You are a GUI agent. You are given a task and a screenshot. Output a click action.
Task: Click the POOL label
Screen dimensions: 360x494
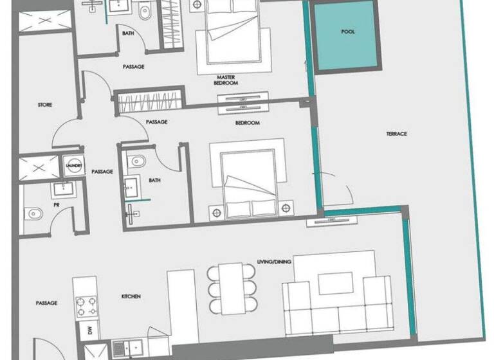(348, 32)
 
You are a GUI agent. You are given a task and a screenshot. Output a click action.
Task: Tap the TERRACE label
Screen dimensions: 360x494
(397, 134)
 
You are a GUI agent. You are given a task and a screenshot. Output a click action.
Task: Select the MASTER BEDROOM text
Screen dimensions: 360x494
(227, 80)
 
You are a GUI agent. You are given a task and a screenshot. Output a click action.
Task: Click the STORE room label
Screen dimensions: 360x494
(45, 105)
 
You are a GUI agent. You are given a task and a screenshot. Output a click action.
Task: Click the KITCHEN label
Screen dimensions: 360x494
(131, 296)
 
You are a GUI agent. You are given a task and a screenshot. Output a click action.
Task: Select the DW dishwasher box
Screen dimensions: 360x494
(89, 332)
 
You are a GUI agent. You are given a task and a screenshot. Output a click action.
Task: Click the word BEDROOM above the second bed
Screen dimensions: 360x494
(247, 123)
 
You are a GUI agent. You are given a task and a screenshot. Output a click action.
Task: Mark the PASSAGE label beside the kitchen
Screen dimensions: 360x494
(47, 303)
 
